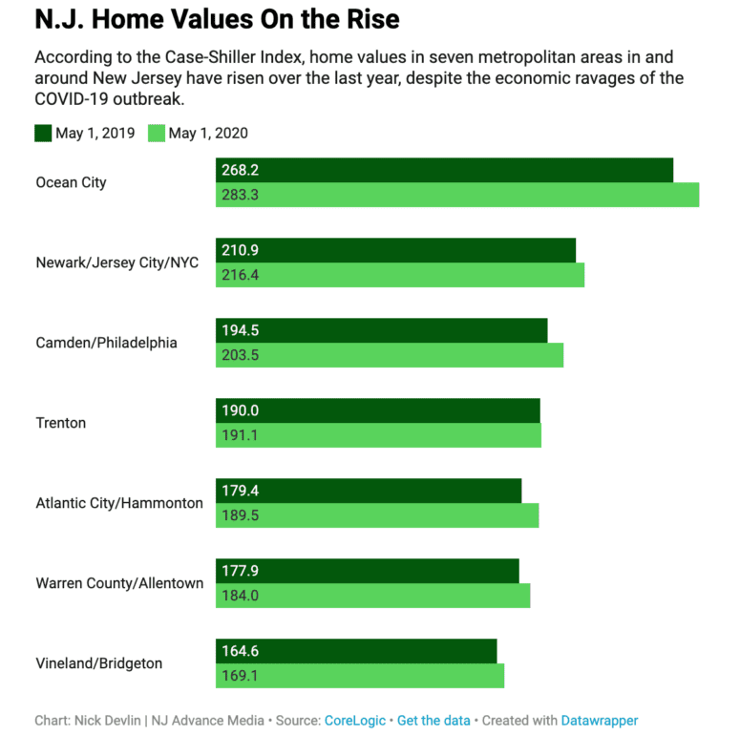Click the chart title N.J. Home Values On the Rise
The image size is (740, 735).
click(x=217, y=19)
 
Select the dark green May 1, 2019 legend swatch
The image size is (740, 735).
click(x=43, y=134)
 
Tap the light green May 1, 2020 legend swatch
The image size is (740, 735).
click(x=157, y=134)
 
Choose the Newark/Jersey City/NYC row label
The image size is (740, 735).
click(x=116, y=262)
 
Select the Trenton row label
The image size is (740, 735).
click(x=60, y=423)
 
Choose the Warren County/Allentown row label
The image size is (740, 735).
click(x=119, y=583)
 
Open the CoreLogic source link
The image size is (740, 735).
click(x=354, y=721)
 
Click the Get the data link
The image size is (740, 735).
click(x=433, y=721)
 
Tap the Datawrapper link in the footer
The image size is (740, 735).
click(x=599, y=721)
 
